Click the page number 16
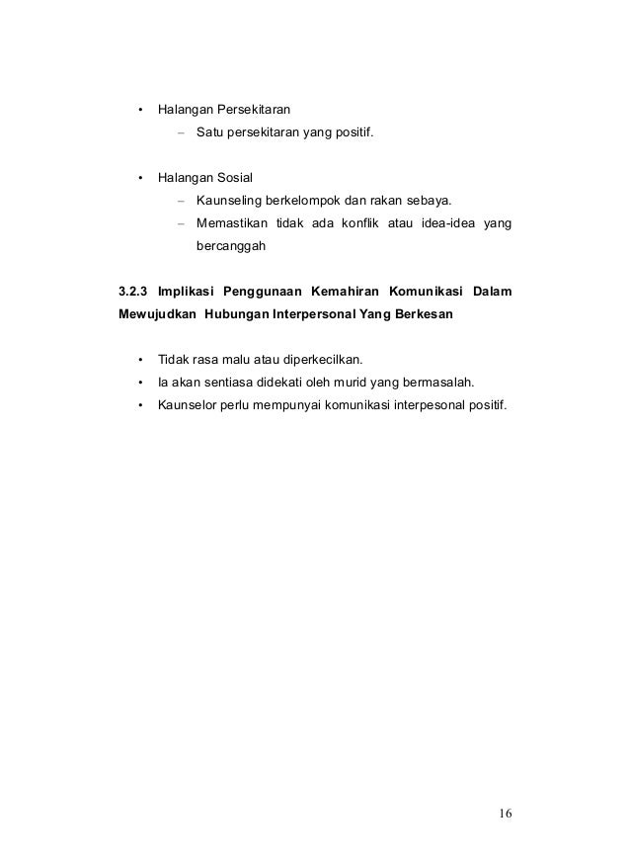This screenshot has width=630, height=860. pos(506,815)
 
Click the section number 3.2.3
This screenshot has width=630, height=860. pos(132,293)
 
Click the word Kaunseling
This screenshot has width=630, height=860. pos(228,203)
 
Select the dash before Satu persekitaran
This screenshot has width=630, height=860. pos(182,131)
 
